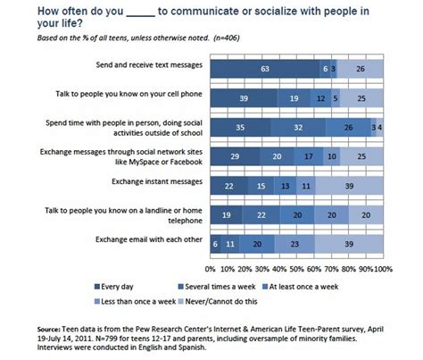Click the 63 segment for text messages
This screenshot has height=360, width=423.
[264, 67]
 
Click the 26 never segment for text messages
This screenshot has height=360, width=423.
[360, 67]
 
